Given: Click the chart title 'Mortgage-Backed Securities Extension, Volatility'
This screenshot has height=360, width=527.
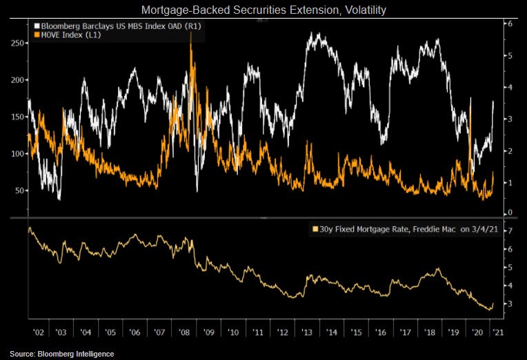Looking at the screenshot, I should [x=263, y=10].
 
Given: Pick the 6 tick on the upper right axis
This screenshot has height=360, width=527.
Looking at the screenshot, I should [x=508, y=23].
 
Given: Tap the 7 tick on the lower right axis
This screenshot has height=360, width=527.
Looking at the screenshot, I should [x=508, y=229].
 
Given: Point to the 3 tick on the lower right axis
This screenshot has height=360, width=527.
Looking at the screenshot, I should [x=508, y=304].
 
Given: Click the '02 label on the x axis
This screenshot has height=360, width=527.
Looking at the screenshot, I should [x=38, y=332].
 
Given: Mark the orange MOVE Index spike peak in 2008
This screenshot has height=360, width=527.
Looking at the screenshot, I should [x=190, y=34].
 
